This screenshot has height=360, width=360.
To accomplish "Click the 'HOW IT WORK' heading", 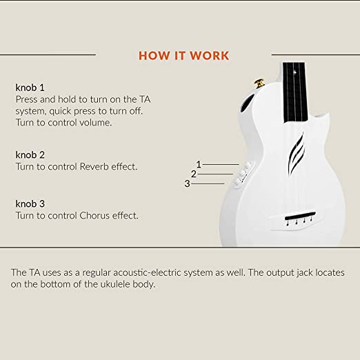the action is [x=183, y=56].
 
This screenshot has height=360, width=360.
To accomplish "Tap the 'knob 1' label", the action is [x=30, y=88].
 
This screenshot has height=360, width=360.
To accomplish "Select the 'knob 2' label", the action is [x=30, y=154].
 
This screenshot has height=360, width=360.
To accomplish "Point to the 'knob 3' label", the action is [x=30, y=203].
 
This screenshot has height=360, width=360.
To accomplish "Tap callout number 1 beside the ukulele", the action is [x=199, y=164].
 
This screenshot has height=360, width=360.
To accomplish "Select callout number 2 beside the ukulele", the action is [x=194, y=174].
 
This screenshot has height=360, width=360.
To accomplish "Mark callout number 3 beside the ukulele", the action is [x=187, y=183].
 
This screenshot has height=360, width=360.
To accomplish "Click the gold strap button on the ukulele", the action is [x=259, y=83].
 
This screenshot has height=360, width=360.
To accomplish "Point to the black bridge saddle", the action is [x=300, y=216].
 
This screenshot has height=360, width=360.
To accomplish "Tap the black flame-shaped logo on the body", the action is [x=297, y=152].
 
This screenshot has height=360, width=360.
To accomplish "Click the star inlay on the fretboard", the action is [x=295, y=72].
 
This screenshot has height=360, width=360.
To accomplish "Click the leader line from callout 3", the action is [x=208, y=183].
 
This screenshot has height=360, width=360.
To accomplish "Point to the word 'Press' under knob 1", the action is [x=26, y=99].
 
